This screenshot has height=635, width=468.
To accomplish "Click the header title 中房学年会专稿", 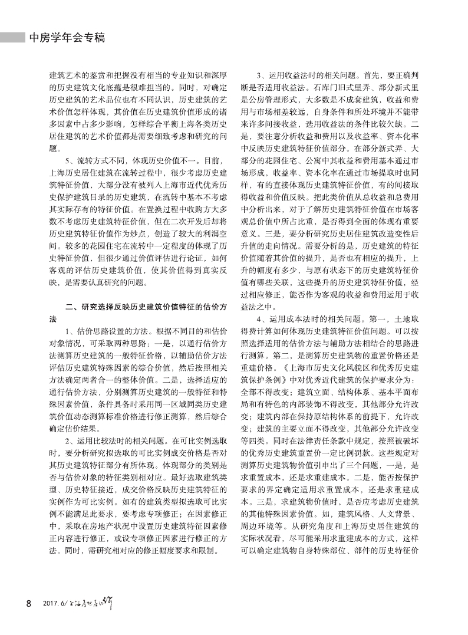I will point(67,37).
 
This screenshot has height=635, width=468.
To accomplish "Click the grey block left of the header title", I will point(13,37).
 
